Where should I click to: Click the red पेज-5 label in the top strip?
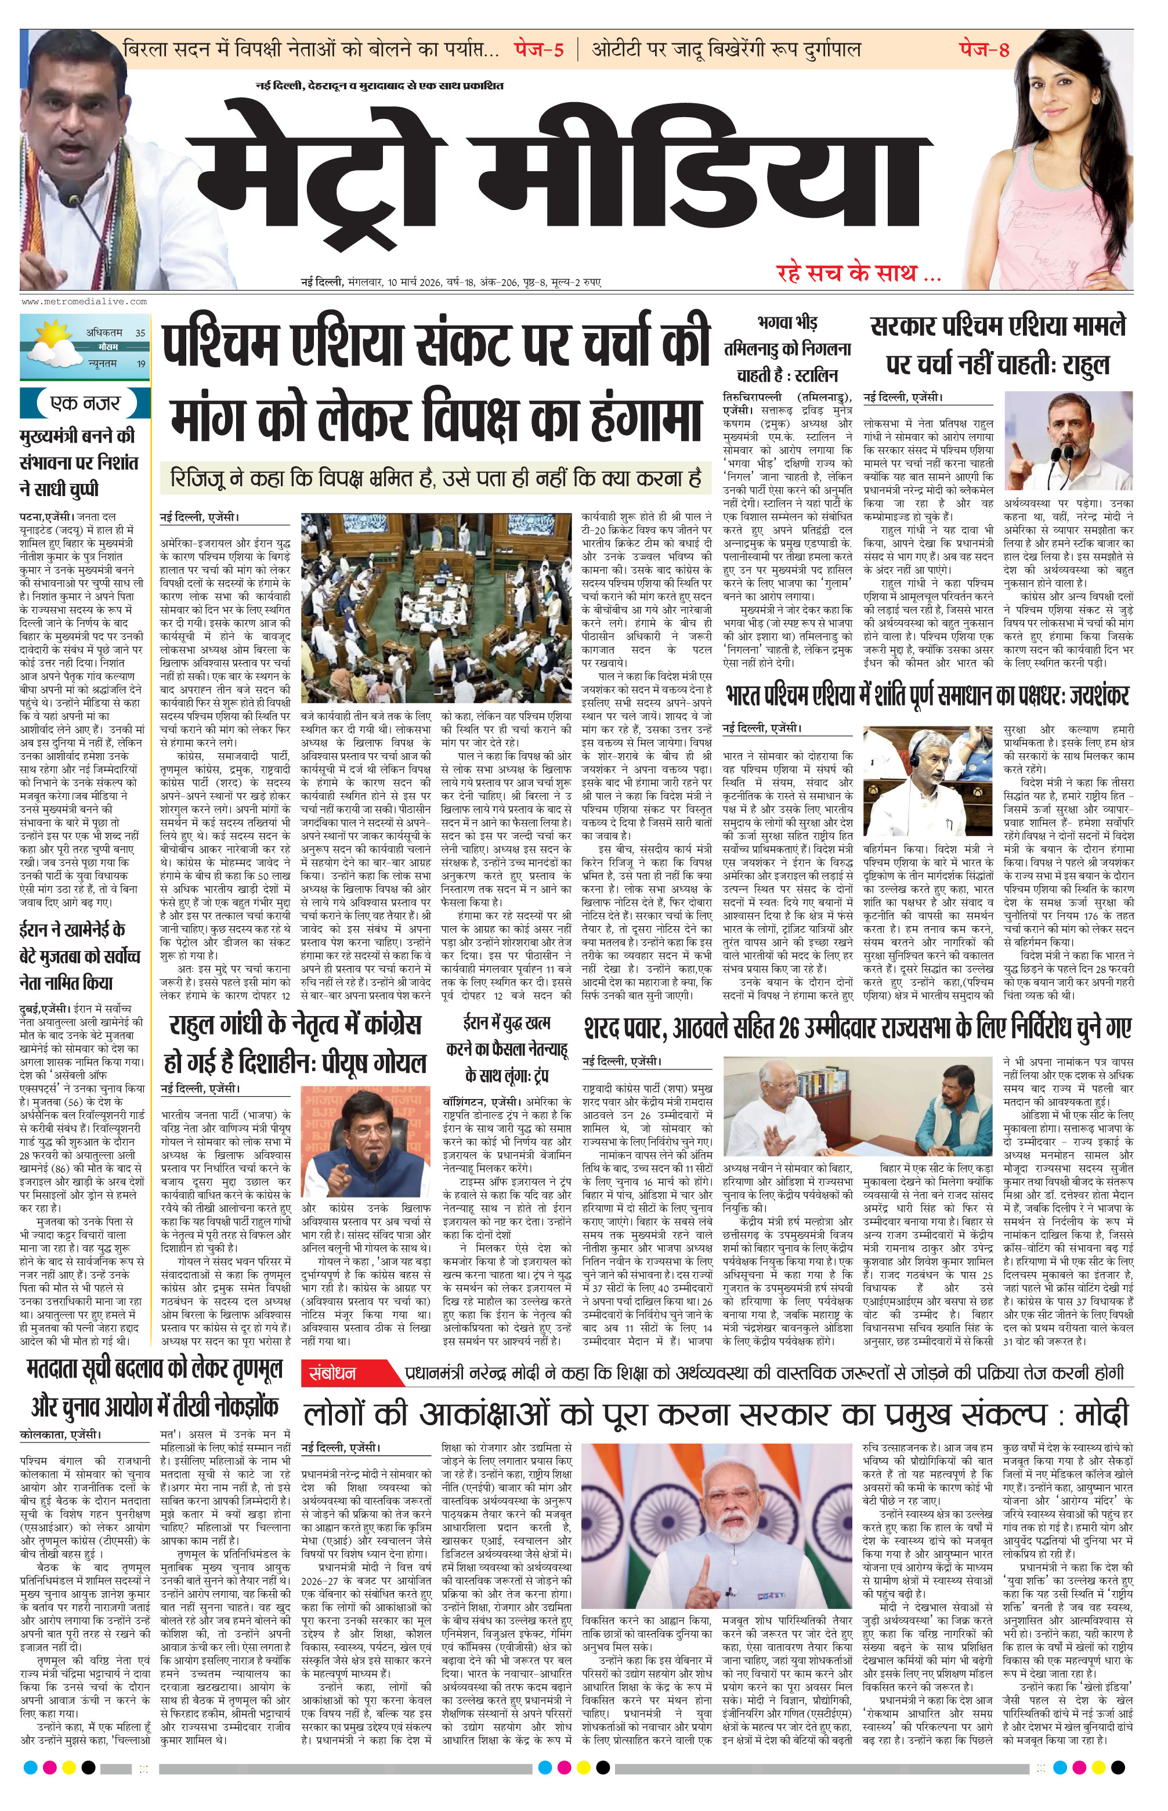click(x=538, y=50)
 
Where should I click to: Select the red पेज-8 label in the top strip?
click(x=985, y=50)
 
